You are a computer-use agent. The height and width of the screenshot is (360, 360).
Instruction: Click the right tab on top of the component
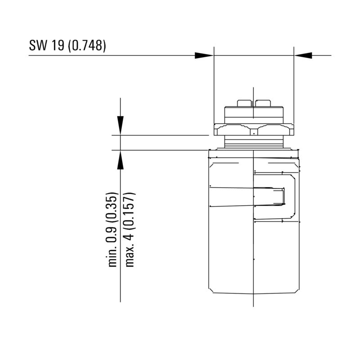(263, 103)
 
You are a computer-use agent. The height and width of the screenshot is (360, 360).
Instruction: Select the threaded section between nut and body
(254, 143)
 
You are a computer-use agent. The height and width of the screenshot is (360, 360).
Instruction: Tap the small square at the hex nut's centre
(254, 134)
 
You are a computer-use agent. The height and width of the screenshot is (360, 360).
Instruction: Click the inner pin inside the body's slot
(270, 197)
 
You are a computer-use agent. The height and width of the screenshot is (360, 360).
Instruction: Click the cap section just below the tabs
(254, 113)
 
